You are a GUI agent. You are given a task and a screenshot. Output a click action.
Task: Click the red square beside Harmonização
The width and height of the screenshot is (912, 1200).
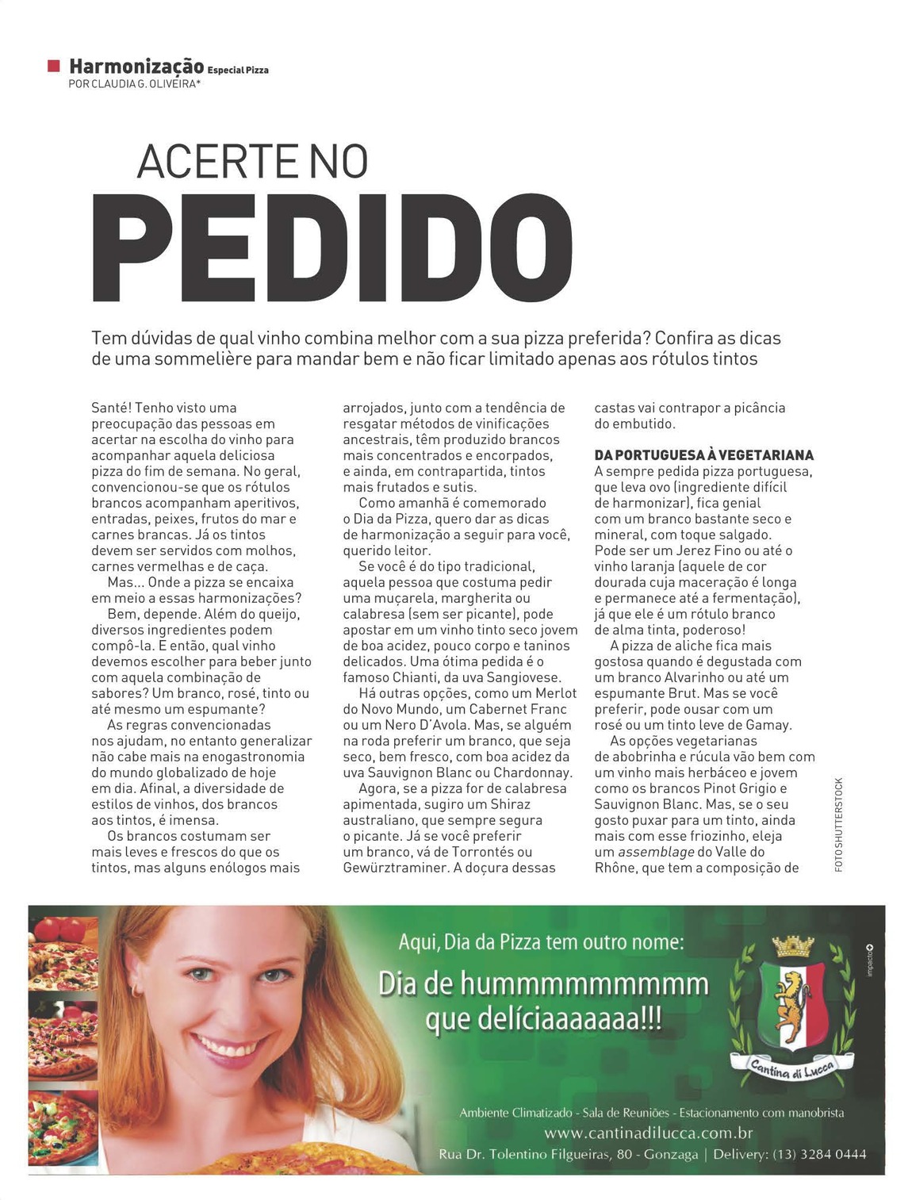click(x=53, y=65)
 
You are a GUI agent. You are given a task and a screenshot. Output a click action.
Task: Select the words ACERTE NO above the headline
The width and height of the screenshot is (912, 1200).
click(x=252, y=161)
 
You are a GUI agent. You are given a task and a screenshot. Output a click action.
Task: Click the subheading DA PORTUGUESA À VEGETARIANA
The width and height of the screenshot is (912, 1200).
click(x=703, y=455)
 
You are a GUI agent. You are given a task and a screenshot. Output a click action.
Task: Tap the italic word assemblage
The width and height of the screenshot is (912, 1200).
click(x=654, y=852)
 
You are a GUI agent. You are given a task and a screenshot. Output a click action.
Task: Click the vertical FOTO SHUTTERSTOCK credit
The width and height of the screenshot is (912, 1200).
click(x=839, y=825)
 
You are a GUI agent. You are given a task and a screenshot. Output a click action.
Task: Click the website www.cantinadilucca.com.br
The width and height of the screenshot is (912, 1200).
click(x=648, y=1133)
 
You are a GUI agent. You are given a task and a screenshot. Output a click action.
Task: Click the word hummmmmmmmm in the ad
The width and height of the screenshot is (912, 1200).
click(x=584, y=984)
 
